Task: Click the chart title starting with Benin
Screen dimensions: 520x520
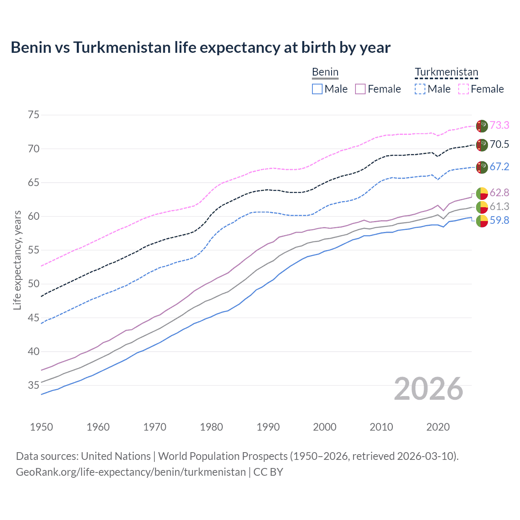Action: [x=200, y=48]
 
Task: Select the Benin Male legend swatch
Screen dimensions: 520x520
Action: [x=317, y=89]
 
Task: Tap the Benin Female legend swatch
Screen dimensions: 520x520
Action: [x=360, y=89]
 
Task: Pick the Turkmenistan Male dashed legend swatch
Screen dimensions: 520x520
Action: [x=420, y=89]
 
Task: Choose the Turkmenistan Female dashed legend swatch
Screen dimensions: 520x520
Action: [x=464, y=89]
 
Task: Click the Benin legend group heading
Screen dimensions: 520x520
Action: [x=325, y=72]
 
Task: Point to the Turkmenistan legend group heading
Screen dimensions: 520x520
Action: [x=446, y=72]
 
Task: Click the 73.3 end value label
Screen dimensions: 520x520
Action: [x=499, y=125]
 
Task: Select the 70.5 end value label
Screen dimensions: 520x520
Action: [x=499, y=144]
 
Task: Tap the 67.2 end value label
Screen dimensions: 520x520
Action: [x=499, y=167]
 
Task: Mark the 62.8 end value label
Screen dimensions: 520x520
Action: [x=499, y=193]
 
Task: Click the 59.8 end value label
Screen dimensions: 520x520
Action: [x=499, y=220]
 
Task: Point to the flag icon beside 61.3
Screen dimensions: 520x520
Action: [x=482, y=207]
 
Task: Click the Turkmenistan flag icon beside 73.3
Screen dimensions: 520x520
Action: [x=482, y=126]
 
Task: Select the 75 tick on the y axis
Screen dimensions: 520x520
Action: [x=34, y=115]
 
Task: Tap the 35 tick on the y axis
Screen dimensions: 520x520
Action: [x=34, y=385]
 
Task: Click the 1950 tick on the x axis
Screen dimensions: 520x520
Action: [x=41, y=427]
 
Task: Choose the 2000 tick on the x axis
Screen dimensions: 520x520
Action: [x=325, y=427]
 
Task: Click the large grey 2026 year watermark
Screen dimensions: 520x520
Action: [x=429, y=389]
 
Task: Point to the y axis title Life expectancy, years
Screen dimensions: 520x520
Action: [x=17, y=260]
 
